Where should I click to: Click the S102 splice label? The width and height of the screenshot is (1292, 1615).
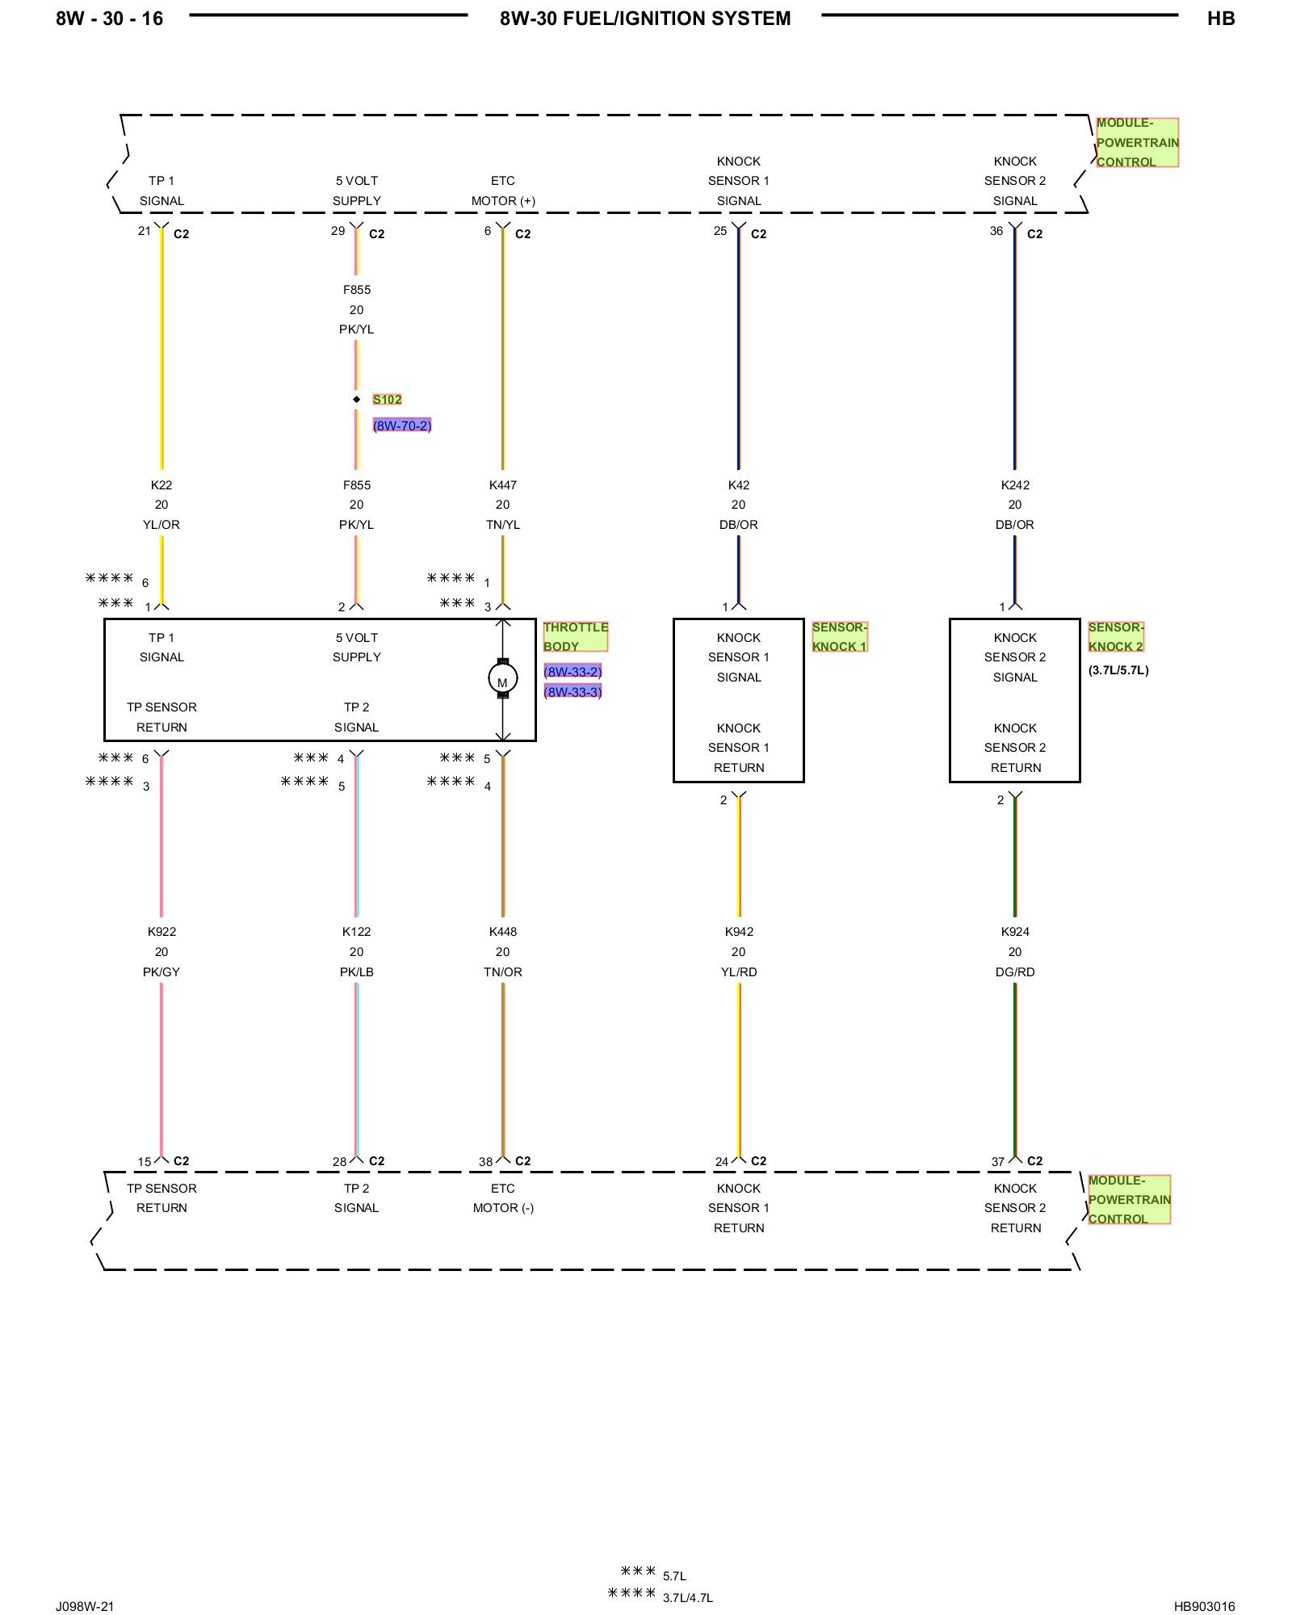click(x=387, y=400)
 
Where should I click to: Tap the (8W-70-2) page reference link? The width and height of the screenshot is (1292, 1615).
click(x=402, y=426)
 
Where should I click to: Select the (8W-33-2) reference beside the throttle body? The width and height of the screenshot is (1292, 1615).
click(x=573, y=672)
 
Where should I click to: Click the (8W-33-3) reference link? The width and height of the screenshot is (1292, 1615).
click(x=573, y=692)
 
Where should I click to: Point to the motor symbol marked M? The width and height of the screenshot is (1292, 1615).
click(x=502, y=678)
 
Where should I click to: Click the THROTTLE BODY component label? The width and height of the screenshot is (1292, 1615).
click(x=575, y=636)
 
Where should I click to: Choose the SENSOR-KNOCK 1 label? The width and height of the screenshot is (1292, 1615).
click(x=839, y=636)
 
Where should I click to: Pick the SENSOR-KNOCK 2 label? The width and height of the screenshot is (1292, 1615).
click(x=1116, y=636)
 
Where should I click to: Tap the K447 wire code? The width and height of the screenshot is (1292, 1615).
click(x=502, y=485)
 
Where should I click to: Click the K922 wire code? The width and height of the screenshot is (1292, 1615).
click(x=161, y=932)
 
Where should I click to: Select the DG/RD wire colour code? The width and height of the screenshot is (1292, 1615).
click(x=1015, y=972)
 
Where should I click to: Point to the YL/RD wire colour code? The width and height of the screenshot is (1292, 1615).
click(x=739, y=972)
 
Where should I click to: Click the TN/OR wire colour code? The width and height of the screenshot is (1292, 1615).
click(x=502, y=972)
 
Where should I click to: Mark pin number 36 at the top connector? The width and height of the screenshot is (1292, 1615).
click(x=996, y=231)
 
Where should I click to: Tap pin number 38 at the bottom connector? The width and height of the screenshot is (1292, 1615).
click(x=485, y=1162)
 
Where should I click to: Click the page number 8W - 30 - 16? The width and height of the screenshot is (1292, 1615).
click(x=109, y=19)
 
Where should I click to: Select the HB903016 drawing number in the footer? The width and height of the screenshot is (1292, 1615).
click(x=1204, y=1606)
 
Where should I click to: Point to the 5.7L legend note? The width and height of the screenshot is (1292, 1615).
click(x=674, y=1576)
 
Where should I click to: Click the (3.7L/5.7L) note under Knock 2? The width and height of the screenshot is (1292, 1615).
click(x=1118, y=670)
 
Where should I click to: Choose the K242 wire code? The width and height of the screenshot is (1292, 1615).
click(x=1015, y=485)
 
